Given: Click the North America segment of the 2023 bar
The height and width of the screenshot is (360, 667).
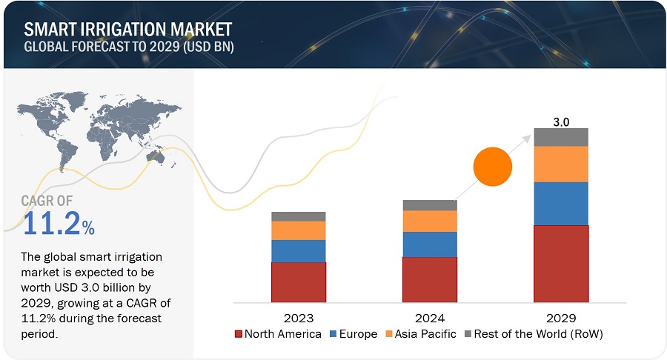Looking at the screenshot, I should tap(299, 282).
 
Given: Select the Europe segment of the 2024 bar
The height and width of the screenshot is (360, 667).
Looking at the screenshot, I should tap(430, 244).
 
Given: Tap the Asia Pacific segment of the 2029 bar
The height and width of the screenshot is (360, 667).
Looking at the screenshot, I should tap(561, 164).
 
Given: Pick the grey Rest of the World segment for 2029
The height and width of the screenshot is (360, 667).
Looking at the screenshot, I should tap(561, 137).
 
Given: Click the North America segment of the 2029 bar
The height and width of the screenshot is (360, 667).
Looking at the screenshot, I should tap(561, 264).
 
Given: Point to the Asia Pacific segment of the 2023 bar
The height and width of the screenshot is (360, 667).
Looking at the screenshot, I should tap(299, 230).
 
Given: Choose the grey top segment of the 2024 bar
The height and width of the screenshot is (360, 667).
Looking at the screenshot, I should tap(430, 205).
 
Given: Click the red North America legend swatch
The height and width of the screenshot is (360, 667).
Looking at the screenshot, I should tap(239, 334).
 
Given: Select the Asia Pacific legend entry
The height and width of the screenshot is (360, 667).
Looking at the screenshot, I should tap(419, 334).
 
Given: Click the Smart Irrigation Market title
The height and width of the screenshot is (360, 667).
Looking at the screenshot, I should tap(127, 30).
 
